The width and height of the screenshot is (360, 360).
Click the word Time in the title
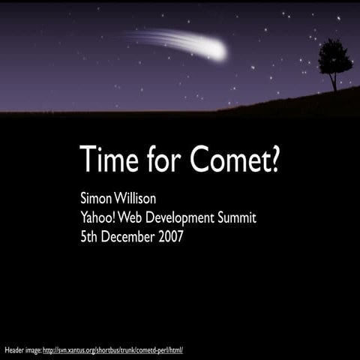pyautogui.click(x=108, y=159)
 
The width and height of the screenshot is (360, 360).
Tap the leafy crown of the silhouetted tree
pyautogui.click(x=334, y=57)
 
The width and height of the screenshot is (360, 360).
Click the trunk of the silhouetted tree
pyautogui.click(x=334, y=82)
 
